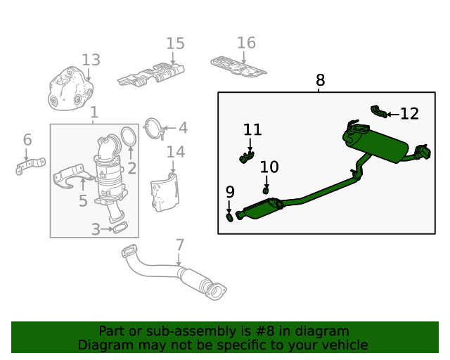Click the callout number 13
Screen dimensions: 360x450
pyautogui.click(x=91, y=60)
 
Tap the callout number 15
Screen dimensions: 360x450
pyautogui.click(x=175, y=44)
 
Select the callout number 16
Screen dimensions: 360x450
pyautogui.click(x=246, y=43)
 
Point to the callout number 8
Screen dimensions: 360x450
pyautogui.click(x=321, y=81)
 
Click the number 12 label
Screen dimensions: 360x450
pyautogui.click(x=409, y=113)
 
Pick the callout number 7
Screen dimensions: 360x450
pyautogui.click(x=180, y=245)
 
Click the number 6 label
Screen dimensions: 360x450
pyautogui.click(x=27, y=139)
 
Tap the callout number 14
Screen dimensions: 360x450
pyautogui.click(x=175, y=152)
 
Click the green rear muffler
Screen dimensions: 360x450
pyautogui.click(x=375, y=143)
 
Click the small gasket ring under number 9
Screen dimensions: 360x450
pyautogui.click(x=230, y=217)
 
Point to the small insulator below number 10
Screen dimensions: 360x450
pyautogui.click(x=266, y=190)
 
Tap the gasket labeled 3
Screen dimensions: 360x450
pyautogui.click(x=120, y=228)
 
